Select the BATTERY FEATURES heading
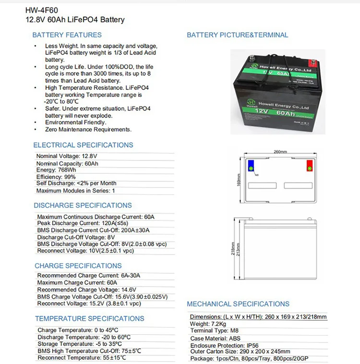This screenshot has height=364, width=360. [67, 35]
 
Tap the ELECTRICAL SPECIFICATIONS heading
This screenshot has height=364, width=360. [83, 145]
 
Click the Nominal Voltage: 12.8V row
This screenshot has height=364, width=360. [67, 157]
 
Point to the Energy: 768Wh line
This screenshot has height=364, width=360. [56, 170]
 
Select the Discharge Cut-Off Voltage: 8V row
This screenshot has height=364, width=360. [76, 237]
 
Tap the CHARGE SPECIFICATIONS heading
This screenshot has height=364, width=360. [78, 266]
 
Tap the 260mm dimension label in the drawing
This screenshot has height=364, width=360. [280, 152]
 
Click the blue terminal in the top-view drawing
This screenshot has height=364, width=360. [251, 166]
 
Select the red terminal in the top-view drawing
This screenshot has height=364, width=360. [309, 166]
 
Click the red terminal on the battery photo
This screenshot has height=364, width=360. [312, 61]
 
